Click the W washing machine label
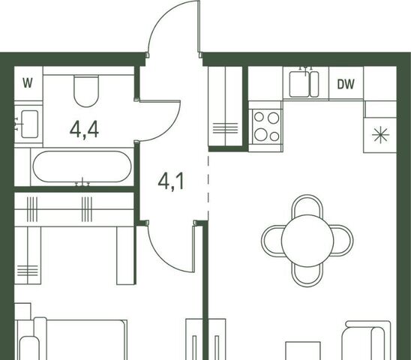click(28, 83)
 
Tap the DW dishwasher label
click(346, 84)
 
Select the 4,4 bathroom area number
click(85, 130)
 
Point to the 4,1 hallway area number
click(171, 181)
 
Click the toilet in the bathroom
click(86, 91)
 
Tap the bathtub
click(82, 166)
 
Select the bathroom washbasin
click(29, 124)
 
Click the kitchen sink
click(304, 84)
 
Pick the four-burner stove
click(266, 127)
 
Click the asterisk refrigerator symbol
click(380, 135)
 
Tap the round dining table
click(307, 241)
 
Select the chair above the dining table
click(307, 205)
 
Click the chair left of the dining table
click(271, 241)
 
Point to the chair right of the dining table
click(343, 241)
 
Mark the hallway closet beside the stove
click(226, 106)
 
